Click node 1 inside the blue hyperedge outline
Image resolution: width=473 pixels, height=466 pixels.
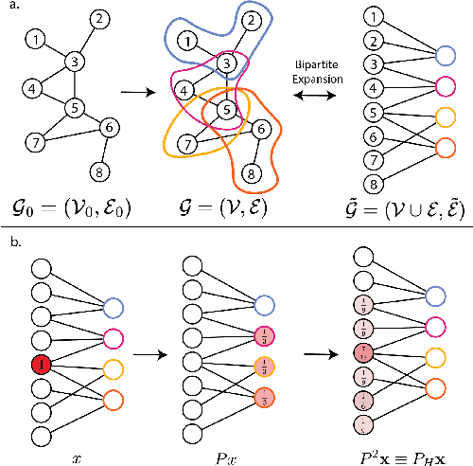(x=190, y=41)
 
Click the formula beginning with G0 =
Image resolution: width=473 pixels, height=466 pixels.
(x=66, y=203)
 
